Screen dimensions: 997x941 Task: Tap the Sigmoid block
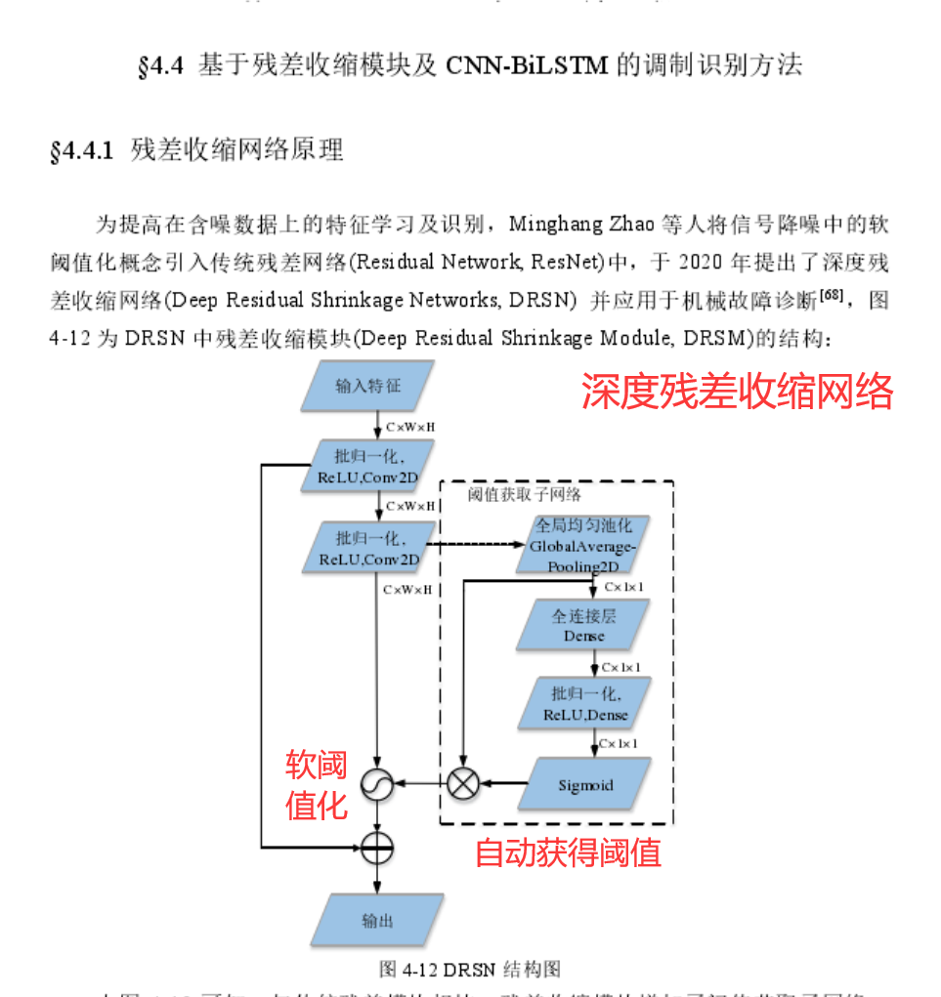coord(584,785)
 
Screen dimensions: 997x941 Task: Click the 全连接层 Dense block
coord(584,626)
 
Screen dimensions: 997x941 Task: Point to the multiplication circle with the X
coord(463,782)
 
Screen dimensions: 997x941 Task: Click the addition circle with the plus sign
coord(377,847)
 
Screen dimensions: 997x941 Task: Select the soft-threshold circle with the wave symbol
coord(377,782)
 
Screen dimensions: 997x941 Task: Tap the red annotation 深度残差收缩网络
coord(738,392)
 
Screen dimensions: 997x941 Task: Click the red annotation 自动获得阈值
coord(568,852)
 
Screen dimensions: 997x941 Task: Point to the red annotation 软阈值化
coord(317,784)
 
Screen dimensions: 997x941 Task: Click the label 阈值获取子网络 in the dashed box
coord(524,494)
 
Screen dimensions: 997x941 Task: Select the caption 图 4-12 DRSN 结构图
coord(470,969)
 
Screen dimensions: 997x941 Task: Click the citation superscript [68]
coord(832,294)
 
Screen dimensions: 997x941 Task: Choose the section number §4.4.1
coord(83,151)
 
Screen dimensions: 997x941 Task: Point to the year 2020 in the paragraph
coord(704,263)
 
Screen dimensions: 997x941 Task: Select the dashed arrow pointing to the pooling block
coord(473,545)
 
